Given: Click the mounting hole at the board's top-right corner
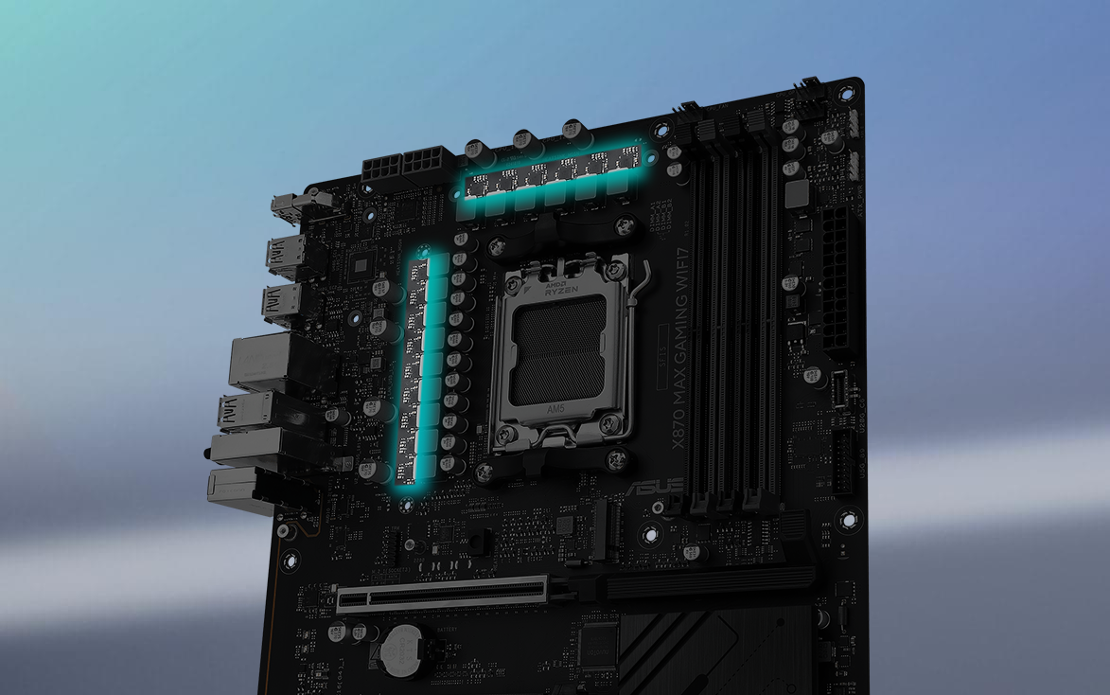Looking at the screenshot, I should [845, 93].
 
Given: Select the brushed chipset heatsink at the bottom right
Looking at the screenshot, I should [719, 653].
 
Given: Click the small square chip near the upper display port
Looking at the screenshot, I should [363, 264].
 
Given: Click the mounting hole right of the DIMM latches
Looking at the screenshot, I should [848, 519].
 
